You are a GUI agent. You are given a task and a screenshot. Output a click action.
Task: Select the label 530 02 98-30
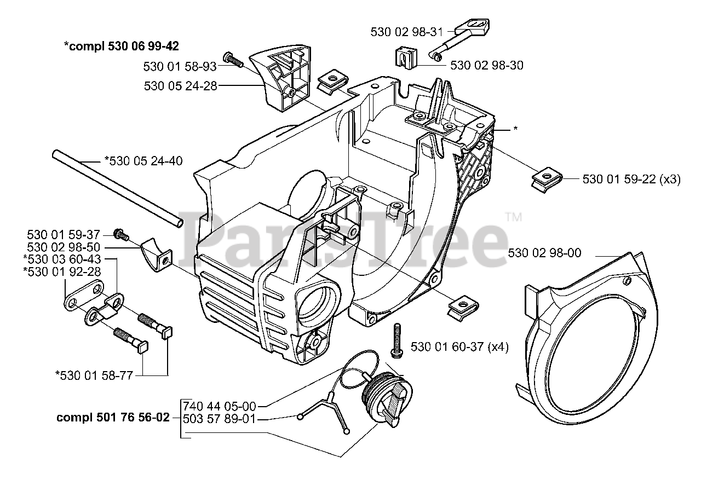point(486,66)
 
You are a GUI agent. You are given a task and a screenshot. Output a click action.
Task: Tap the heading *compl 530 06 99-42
point(121,46)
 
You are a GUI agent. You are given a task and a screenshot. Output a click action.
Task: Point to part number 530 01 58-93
point(180,67)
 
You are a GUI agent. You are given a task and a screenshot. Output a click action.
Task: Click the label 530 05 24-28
point(180,86)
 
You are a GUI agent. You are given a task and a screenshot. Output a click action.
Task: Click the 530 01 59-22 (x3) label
point(631,179)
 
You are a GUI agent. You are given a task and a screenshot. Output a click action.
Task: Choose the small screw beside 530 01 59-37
point(120,235)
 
